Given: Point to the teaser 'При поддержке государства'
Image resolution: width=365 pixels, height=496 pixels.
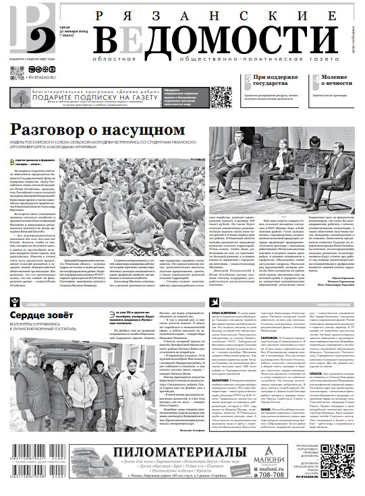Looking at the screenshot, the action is [276, 82].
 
